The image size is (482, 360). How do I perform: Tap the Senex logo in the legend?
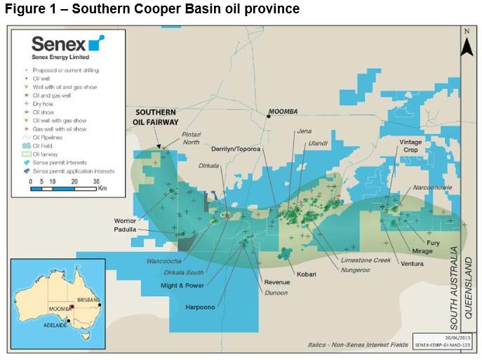tap(67, 46)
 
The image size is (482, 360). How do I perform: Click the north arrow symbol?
tap(467, 43)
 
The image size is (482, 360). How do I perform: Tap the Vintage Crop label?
tap(411, 146)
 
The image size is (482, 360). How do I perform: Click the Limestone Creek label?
tap(365, 260)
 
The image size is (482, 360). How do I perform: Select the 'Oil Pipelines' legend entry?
tap(59, 138)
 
